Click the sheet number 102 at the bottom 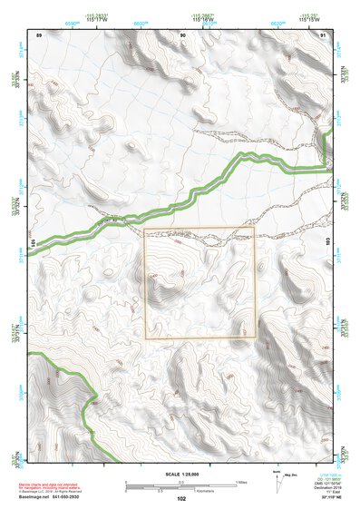point(181,498)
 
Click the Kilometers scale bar point(181,488)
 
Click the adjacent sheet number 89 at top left point(39,34)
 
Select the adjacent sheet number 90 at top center point(182,34)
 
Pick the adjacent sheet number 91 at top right point(324,34)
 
